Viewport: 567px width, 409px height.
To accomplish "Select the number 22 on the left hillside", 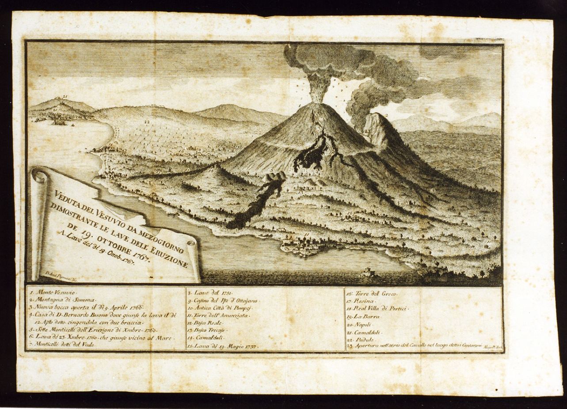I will pyautogui.click(x=147, y=121).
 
